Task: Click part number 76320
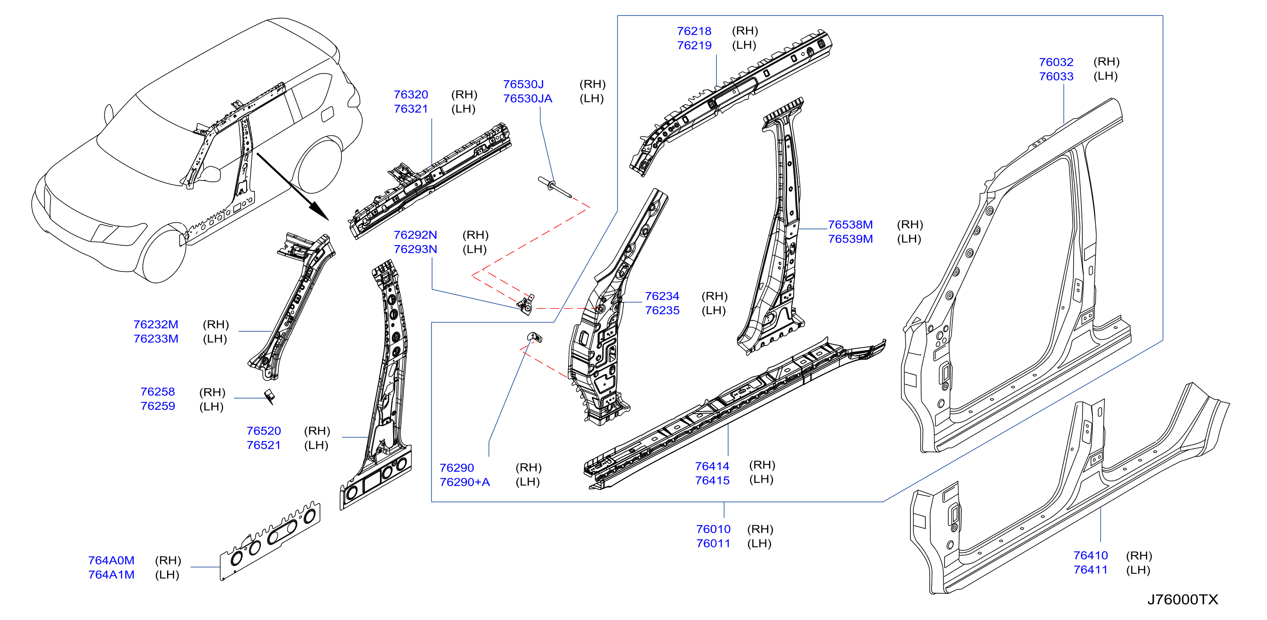coord(411,94)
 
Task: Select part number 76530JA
coord(527,99)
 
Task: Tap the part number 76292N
coord(415,235)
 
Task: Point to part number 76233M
coord(155,339)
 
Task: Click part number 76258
coord(157,392)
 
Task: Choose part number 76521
coord(264,445)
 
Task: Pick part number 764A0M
coord(111,560)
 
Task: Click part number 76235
coord(662,310)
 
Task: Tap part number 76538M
coord(850,225)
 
